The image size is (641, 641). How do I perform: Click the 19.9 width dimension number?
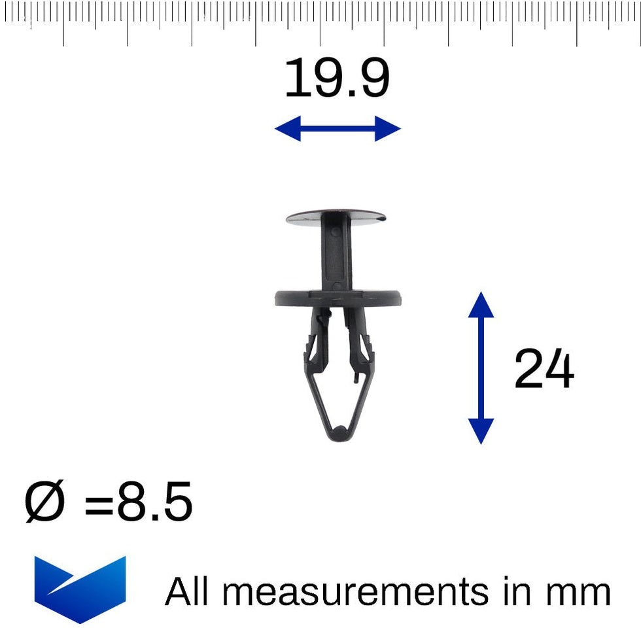click(x=337, y=79)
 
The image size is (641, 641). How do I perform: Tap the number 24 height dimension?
click(x=544, y=370)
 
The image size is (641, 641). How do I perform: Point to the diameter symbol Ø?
click(x=45, y=502)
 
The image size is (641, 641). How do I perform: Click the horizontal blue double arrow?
click(x=338, y=128)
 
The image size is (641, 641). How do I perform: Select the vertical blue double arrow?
click(x=481, y=368)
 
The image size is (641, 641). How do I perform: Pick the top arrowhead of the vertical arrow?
click(x=481, y=305)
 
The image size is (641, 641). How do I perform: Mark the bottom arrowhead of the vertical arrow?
click(x=481, y=432)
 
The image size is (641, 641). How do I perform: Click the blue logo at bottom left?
click(x=79, y=588)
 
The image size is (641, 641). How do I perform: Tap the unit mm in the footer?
click(x=578, y=593)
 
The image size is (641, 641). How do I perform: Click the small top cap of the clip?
click(x=336, y=217)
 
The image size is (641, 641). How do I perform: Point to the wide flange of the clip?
click(x=338, y=298)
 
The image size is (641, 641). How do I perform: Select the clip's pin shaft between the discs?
click(x=336, y=256)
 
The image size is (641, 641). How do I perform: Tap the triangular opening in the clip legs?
click(x=338, y=399)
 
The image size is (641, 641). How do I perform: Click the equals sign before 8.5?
click(x=98, y=504)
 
